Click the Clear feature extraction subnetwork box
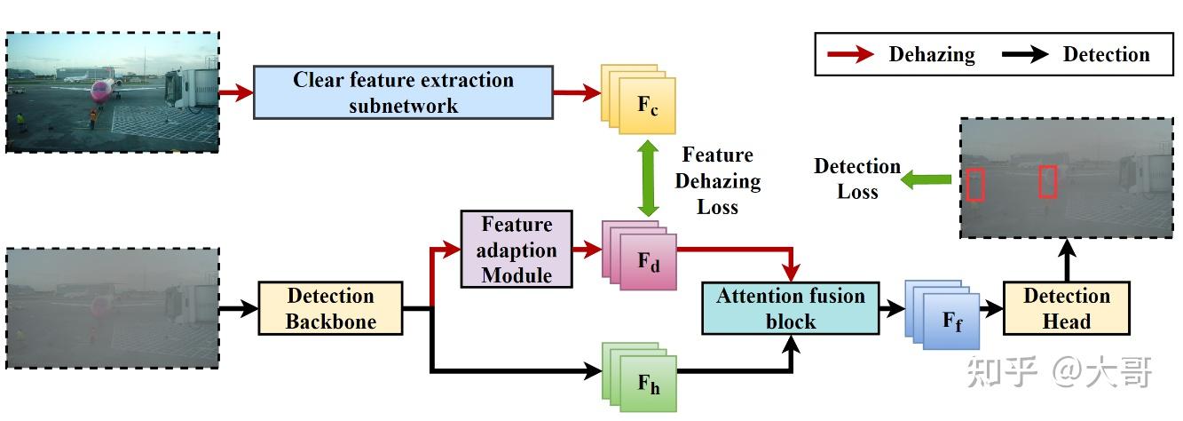pyautogui.click(x=403, y=91)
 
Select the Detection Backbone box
pyautogui.click(x=330, y=308)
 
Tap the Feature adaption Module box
pyautogui.click(x=517, y=250)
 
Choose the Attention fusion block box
pyautogui.click(x=790, y=308)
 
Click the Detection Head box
pyautogui.click(x=1066, y=308)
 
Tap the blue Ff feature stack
pyautogui.click(x=943, y=316)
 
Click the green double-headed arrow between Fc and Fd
pyautogui.click(x=649, y=178)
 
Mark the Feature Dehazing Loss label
pyautogui.click(x=718, y=180)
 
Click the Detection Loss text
pyautogui.click(x=856, y=179)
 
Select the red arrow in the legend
pyautogui.click(x=850, y=55)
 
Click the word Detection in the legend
pyautogui.click(x=1106, y=55)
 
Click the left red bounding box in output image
pyautogui.click(x=975, y=184)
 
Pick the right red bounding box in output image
pyautogui.click(x=1047, y=181)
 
